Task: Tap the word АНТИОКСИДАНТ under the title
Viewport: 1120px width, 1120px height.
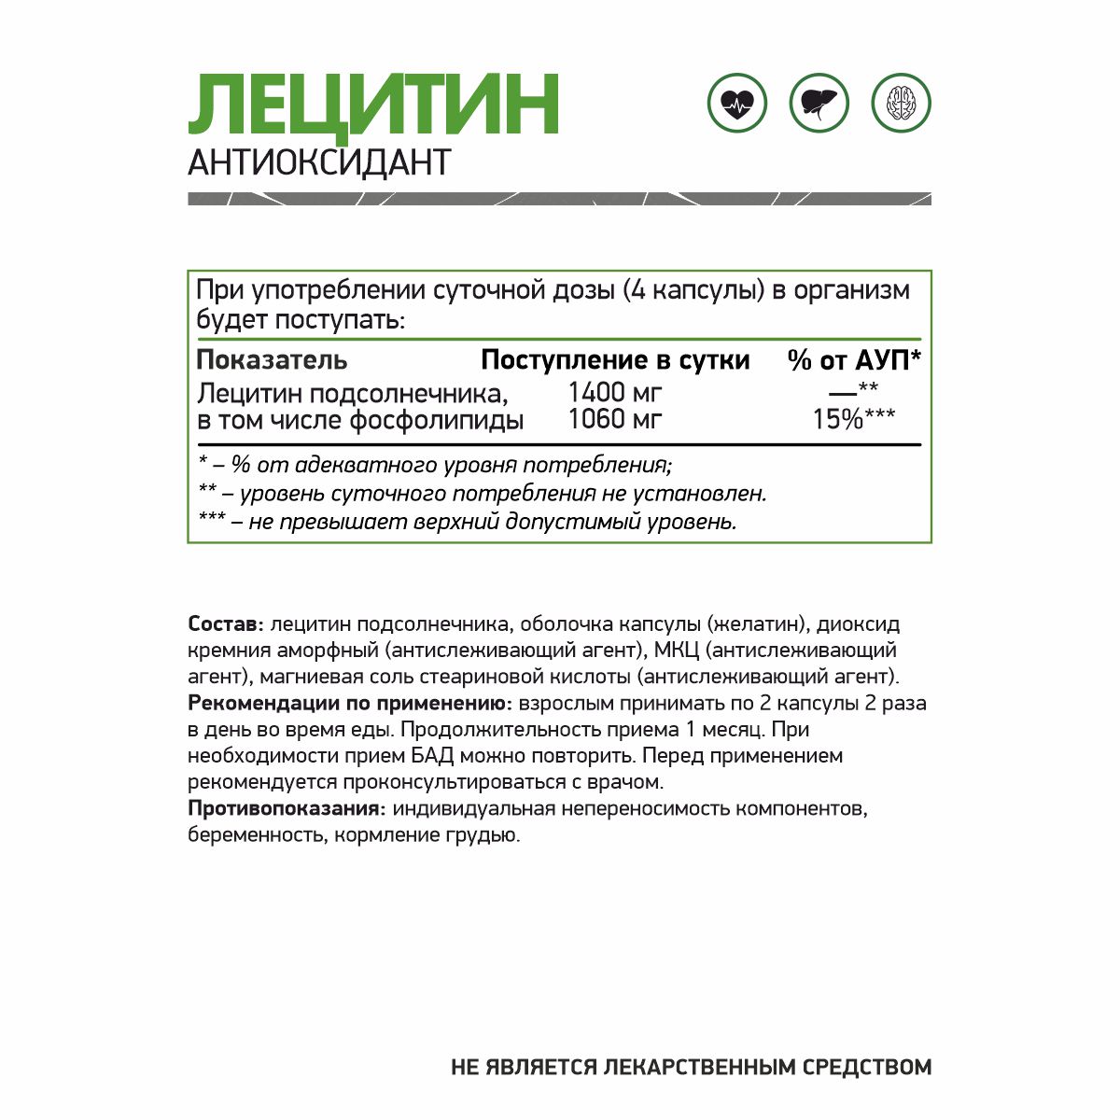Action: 319,162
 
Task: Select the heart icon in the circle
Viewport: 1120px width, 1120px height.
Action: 737,103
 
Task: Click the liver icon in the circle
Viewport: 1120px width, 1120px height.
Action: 819,103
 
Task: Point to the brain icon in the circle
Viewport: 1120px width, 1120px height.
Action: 901,103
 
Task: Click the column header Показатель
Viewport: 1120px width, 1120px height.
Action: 272,359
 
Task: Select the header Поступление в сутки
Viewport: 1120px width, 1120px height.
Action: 615,359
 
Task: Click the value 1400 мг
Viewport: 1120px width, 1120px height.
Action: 615,392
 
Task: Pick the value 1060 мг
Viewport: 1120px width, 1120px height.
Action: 615,419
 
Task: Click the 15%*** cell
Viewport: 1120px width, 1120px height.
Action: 853,419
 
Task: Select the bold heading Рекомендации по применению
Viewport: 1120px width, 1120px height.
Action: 349,703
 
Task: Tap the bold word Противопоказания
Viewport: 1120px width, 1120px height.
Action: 287,808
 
